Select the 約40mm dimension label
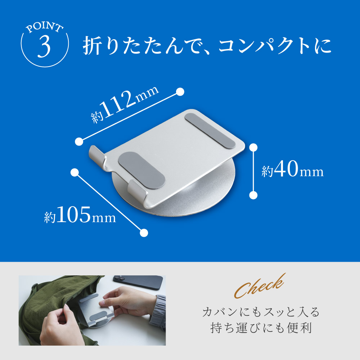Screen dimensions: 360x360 click(x=292, y=171)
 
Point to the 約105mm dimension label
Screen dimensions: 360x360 click(x=80, y=216)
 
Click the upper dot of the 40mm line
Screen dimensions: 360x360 click(x=253, y=147)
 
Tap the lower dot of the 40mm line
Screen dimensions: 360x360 click(x=253, y=195)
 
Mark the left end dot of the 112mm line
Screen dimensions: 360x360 click(x=79, y=141)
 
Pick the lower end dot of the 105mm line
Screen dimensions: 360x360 click(x=144, y=233)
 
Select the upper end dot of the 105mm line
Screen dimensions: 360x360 click(x=75, y=172)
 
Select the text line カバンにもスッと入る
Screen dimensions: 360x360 click(x=261, y=312)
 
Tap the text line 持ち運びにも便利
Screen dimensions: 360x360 click(x=261, y=328)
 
